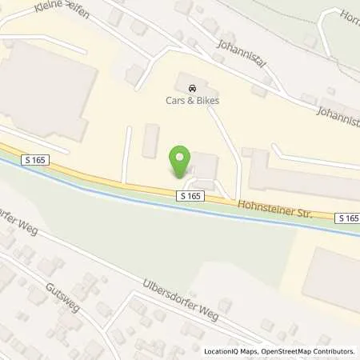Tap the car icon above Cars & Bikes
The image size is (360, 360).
pos(190,88)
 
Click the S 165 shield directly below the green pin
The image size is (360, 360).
pos(189,195)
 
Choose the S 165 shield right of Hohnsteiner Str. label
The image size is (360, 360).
pos(347,218)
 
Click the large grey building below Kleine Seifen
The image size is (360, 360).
pos(44,88)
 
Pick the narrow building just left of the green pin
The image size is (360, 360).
pos(150,140)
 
